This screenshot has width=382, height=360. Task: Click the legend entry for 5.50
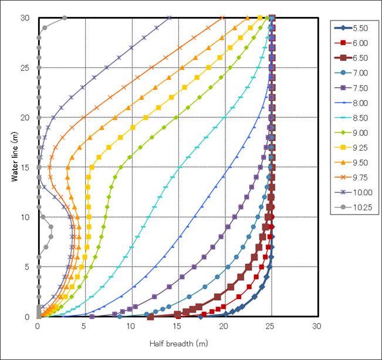pyautogui.click(x=352, y=28)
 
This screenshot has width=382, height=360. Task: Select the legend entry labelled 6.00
pyautogui.click(x=352, y=43)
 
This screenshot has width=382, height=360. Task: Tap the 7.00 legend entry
pyautogui.click(x=352, y=73)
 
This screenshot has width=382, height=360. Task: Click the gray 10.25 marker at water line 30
pyautogui.click(x=65, y=18)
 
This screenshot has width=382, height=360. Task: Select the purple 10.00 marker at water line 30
pyautogui.click(x=170, y=18)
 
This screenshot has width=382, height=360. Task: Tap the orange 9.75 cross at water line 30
pyautogui.click(x=222, y=18)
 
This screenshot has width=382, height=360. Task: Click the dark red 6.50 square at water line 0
pyautogui.click(x=150, y=317)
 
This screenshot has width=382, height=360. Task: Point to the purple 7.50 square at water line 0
pyautogui.click(x=92, y=317)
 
